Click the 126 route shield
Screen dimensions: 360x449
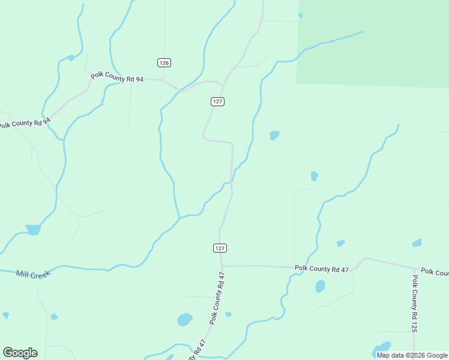164,62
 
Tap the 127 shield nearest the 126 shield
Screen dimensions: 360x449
217,101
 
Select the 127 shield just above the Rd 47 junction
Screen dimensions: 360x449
220,248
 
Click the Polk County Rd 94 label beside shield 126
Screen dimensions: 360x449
117,77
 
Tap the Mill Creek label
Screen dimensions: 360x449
33,274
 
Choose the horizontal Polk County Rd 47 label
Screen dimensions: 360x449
321,269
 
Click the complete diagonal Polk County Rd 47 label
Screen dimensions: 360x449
217,298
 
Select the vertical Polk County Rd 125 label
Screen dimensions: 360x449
414,304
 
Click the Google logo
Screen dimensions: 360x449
20,353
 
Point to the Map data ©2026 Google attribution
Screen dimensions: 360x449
412,355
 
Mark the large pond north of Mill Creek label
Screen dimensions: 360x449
33,229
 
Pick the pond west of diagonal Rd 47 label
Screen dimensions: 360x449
185,319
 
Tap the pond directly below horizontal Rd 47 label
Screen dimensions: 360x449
320,286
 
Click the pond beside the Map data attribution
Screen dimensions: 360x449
381,348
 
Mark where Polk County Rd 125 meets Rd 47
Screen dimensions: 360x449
414,269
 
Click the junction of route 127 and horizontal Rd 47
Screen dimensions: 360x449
222,265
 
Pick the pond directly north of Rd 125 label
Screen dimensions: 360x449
417,243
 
